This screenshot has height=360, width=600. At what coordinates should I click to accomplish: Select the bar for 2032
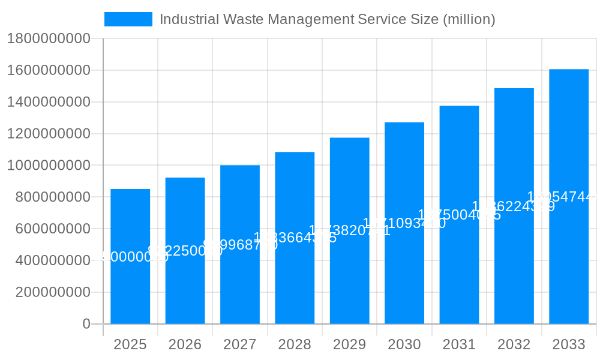(514, 206)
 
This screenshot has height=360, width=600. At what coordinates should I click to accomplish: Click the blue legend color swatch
(128, 19)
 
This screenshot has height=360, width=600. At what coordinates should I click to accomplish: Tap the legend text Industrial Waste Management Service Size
(327, 19)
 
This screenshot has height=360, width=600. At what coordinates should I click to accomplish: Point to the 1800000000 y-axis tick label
(49, 39)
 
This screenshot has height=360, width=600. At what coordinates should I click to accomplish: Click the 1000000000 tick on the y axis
(49, 166)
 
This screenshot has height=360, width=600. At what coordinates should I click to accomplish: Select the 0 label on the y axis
(86, 324)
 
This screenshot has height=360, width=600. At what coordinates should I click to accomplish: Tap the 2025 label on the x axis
(130, 344)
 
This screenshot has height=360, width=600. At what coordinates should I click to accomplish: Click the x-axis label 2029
(349, 344)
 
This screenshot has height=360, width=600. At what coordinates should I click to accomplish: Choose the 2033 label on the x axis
(569, 344)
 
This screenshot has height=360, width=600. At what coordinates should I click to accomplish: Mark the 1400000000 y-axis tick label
(49, 103)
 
